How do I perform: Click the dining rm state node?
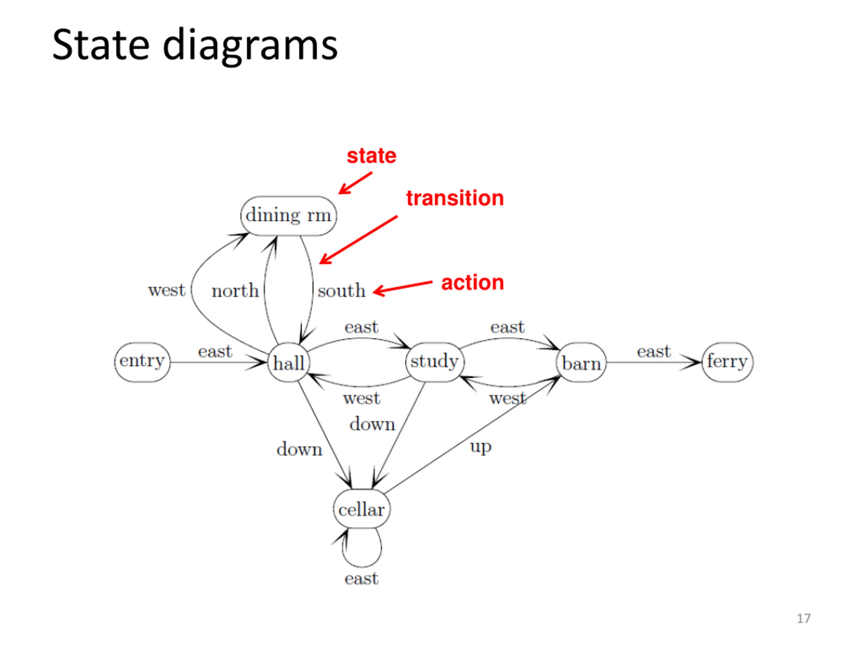click(288, 216)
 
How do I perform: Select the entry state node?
click(142, 362)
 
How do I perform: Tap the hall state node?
click(289, 362)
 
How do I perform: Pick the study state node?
click(435, 362)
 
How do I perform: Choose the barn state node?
click(581, 362)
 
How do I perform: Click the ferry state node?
click(727, 362)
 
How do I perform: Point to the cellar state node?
click(362, 509)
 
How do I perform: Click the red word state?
click(371, 156)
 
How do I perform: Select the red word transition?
click(455, 198)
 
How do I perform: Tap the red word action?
click(473, 282)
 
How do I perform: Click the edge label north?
click(235, 291)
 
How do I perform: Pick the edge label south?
click(341, 291)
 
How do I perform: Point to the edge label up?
click(481, 447)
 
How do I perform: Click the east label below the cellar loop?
click(361, 578)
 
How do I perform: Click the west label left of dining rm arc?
click(167, 290)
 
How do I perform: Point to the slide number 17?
click(803, 618)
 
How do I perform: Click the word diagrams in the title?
click(250, 46)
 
